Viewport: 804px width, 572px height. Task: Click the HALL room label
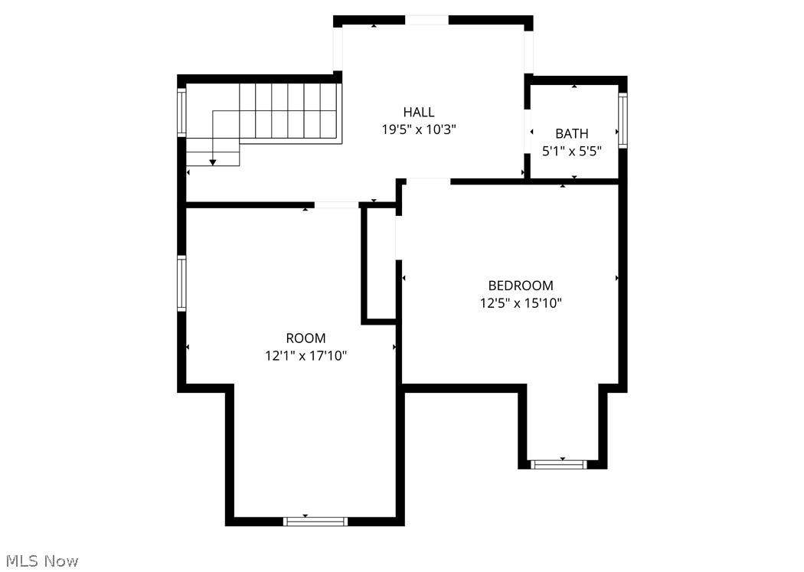tap(419, 113)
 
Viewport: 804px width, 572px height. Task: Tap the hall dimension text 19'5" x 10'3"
tap(419, 130)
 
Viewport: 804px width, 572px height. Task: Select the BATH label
tap(572, 134)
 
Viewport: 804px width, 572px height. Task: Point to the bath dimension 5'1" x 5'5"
tap(572, 152)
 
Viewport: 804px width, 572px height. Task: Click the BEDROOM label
tap(521, 286)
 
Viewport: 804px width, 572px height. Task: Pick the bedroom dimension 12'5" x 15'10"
tap(521, 303)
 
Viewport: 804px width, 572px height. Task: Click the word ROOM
tap(306, 338)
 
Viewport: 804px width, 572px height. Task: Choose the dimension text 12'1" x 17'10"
tap(306, 355)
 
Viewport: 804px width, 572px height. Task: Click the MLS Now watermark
tap(40, 561)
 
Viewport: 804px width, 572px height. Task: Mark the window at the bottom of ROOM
tap(315, 521)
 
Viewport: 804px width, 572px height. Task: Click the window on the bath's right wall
tap(623, 120)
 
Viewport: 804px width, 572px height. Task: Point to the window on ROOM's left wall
tap(182, 283)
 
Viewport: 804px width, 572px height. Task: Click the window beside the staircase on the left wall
tap(182, 113)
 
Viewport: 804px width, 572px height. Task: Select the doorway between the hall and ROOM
tap(337, 204)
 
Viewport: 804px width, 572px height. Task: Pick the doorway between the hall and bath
tap(527, 132)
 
